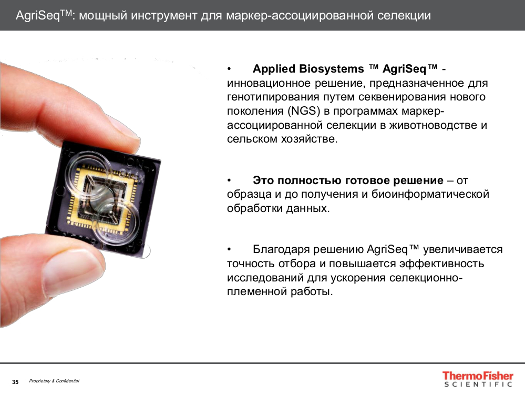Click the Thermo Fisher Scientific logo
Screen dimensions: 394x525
(x=477, y=379)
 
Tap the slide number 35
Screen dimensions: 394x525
(x=15, y=382)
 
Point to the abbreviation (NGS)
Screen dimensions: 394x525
(x=303, y=112)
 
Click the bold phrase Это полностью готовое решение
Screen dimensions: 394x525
(x=348, y=180)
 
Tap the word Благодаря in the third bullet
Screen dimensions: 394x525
(x=279, y=249)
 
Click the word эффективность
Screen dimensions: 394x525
(x=441, y=263)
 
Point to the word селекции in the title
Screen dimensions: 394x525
(x=404, y=15)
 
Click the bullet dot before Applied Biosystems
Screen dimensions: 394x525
(x=229, y=69)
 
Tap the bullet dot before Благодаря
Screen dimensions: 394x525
(x=229, y=249)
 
